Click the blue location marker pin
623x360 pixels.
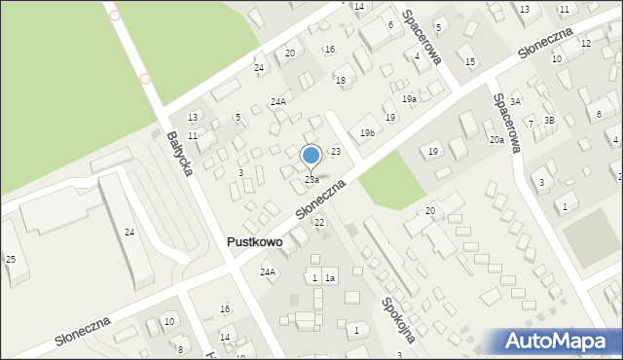click(311, 156)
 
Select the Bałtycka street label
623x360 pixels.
click(179, 154)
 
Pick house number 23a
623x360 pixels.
click(311, 180)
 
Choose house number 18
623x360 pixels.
click(341, 80)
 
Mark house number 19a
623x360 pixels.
click(410, 99)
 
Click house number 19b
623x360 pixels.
click(367, 132)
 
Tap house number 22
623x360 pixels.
click(319, 223)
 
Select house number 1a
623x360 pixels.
click(330, 279)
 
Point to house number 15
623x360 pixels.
click(470, 62)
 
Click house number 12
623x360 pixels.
click(585, 44)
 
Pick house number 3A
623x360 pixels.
click(516, 101)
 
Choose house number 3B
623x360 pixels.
click(549, 120)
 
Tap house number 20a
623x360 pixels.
click(497, 140)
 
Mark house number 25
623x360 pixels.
click(11, 259)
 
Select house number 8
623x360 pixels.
click(179, 349)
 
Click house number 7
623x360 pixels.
click(531, 123)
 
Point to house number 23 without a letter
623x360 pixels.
click(335, 152)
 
